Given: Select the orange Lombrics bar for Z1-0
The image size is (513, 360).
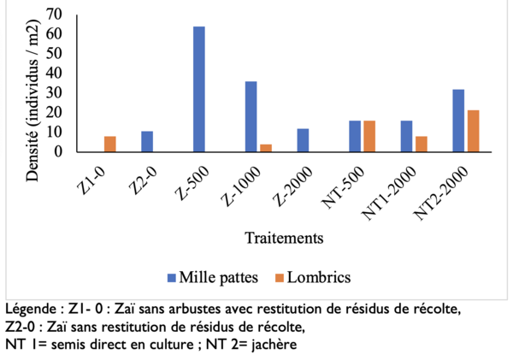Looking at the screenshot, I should (110, 144).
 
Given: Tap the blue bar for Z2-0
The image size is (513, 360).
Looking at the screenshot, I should (147, 141).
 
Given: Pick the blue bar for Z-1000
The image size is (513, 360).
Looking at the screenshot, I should (251, 116).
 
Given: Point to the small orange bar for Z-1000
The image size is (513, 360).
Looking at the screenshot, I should (266, 148).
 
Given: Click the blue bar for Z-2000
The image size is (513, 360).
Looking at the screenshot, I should (303, 140).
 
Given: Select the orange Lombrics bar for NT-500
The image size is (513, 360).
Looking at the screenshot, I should (369, 136).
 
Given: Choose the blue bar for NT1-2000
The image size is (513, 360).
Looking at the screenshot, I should (406, 136).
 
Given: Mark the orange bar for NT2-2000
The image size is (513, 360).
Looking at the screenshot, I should (473, 131).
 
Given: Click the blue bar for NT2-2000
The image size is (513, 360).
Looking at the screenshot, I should (458, 121).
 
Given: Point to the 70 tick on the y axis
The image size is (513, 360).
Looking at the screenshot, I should (55, 15).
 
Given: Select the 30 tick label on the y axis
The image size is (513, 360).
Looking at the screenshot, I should (55, 92).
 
